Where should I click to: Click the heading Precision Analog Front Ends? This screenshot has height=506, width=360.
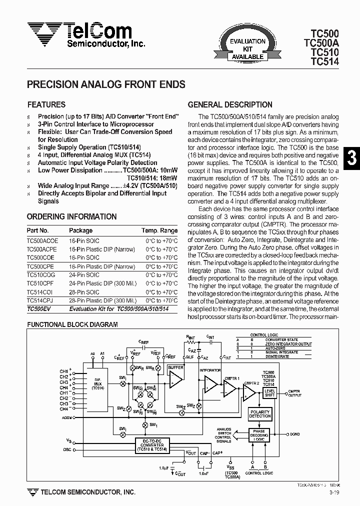point(106,85)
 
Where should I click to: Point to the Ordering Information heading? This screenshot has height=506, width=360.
point(71,217)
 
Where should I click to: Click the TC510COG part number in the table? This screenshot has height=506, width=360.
point(41,275)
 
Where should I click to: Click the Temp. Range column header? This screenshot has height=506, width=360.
point(159,230)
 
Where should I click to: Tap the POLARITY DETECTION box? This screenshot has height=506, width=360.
point(259,414)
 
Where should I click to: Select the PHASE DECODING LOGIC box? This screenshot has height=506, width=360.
point(259,435)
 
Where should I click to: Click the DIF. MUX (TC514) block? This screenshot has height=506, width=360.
point(98,384)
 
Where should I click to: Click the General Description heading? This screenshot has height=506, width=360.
point(230,105)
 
